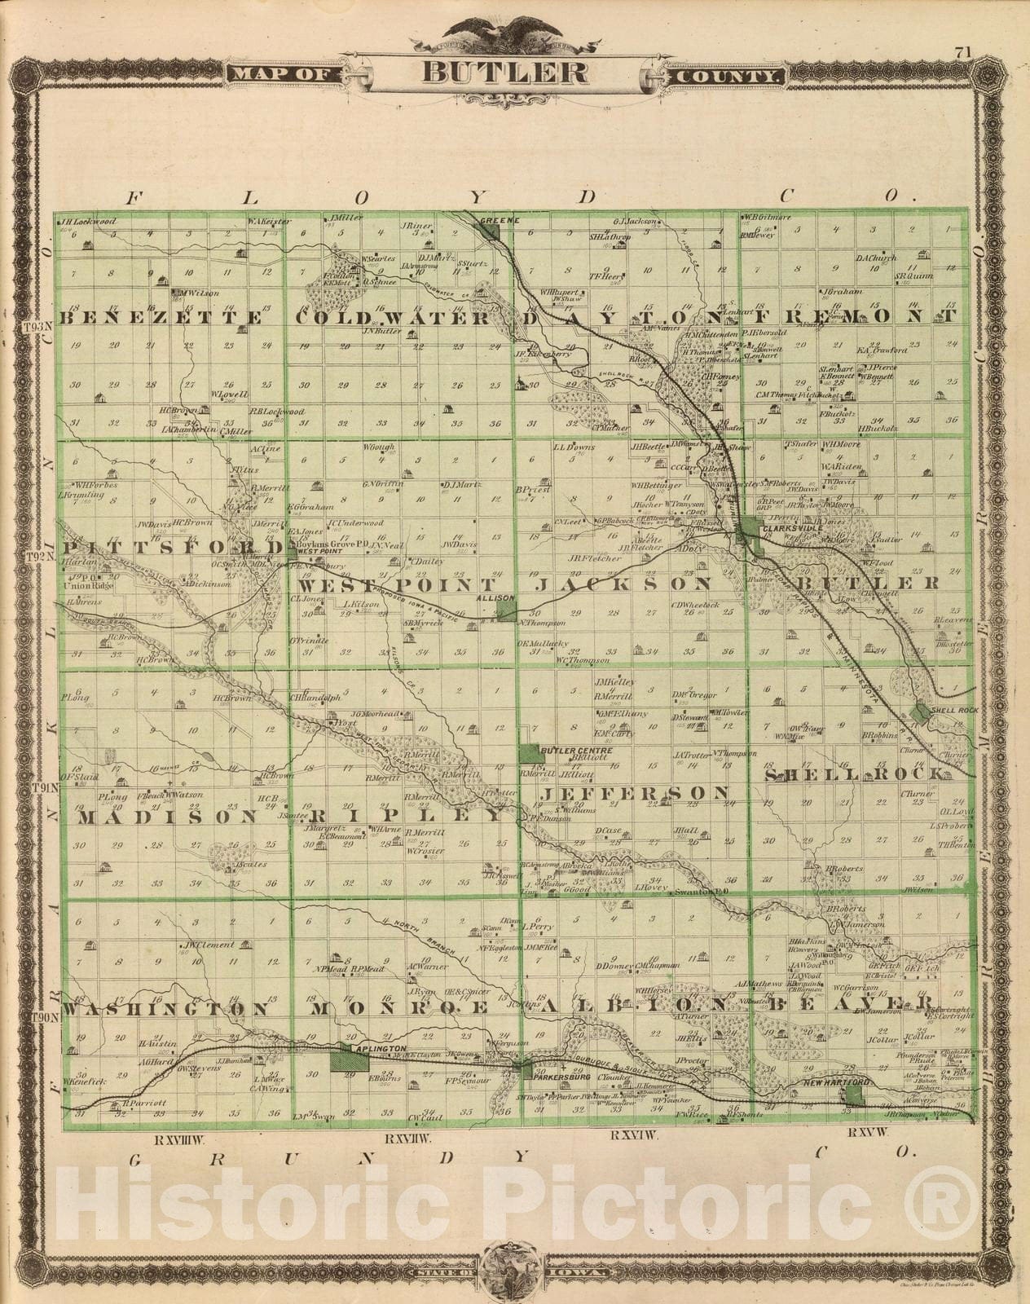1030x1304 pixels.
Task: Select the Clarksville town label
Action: click(x=787, y=529)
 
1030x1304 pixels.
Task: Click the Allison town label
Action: click(x=500, y=598)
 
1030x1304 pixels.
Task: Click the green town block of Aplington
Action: click(x=350, y=1060)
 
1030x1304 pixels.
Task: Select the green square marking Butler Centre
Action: click(x=530, y=753)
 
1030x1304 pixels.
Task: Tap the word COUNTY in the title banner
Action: click(x=727, y=76)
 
